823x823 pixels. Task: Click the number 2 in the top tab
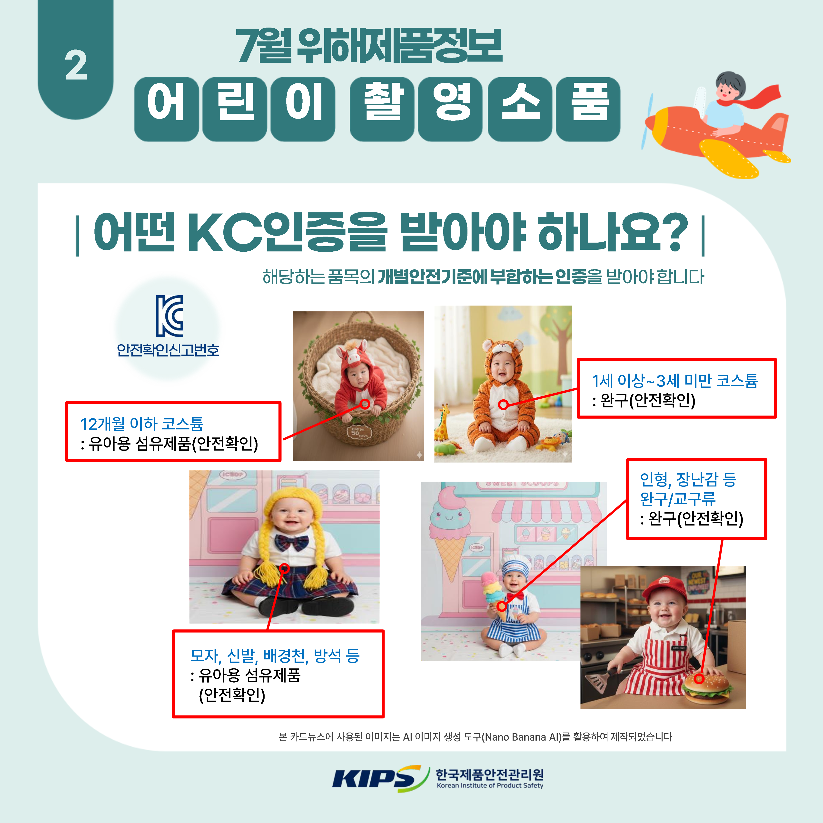point(76,65)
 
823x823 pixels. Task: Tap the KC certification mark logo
point(169,316)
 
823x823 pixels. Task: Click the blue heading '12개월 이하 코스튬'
point(142,424)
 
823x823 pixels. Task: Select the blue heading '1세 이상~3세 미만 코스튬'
point(675,380)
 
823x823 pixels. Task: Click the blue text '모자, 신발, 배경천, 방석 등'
point(275,655)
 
